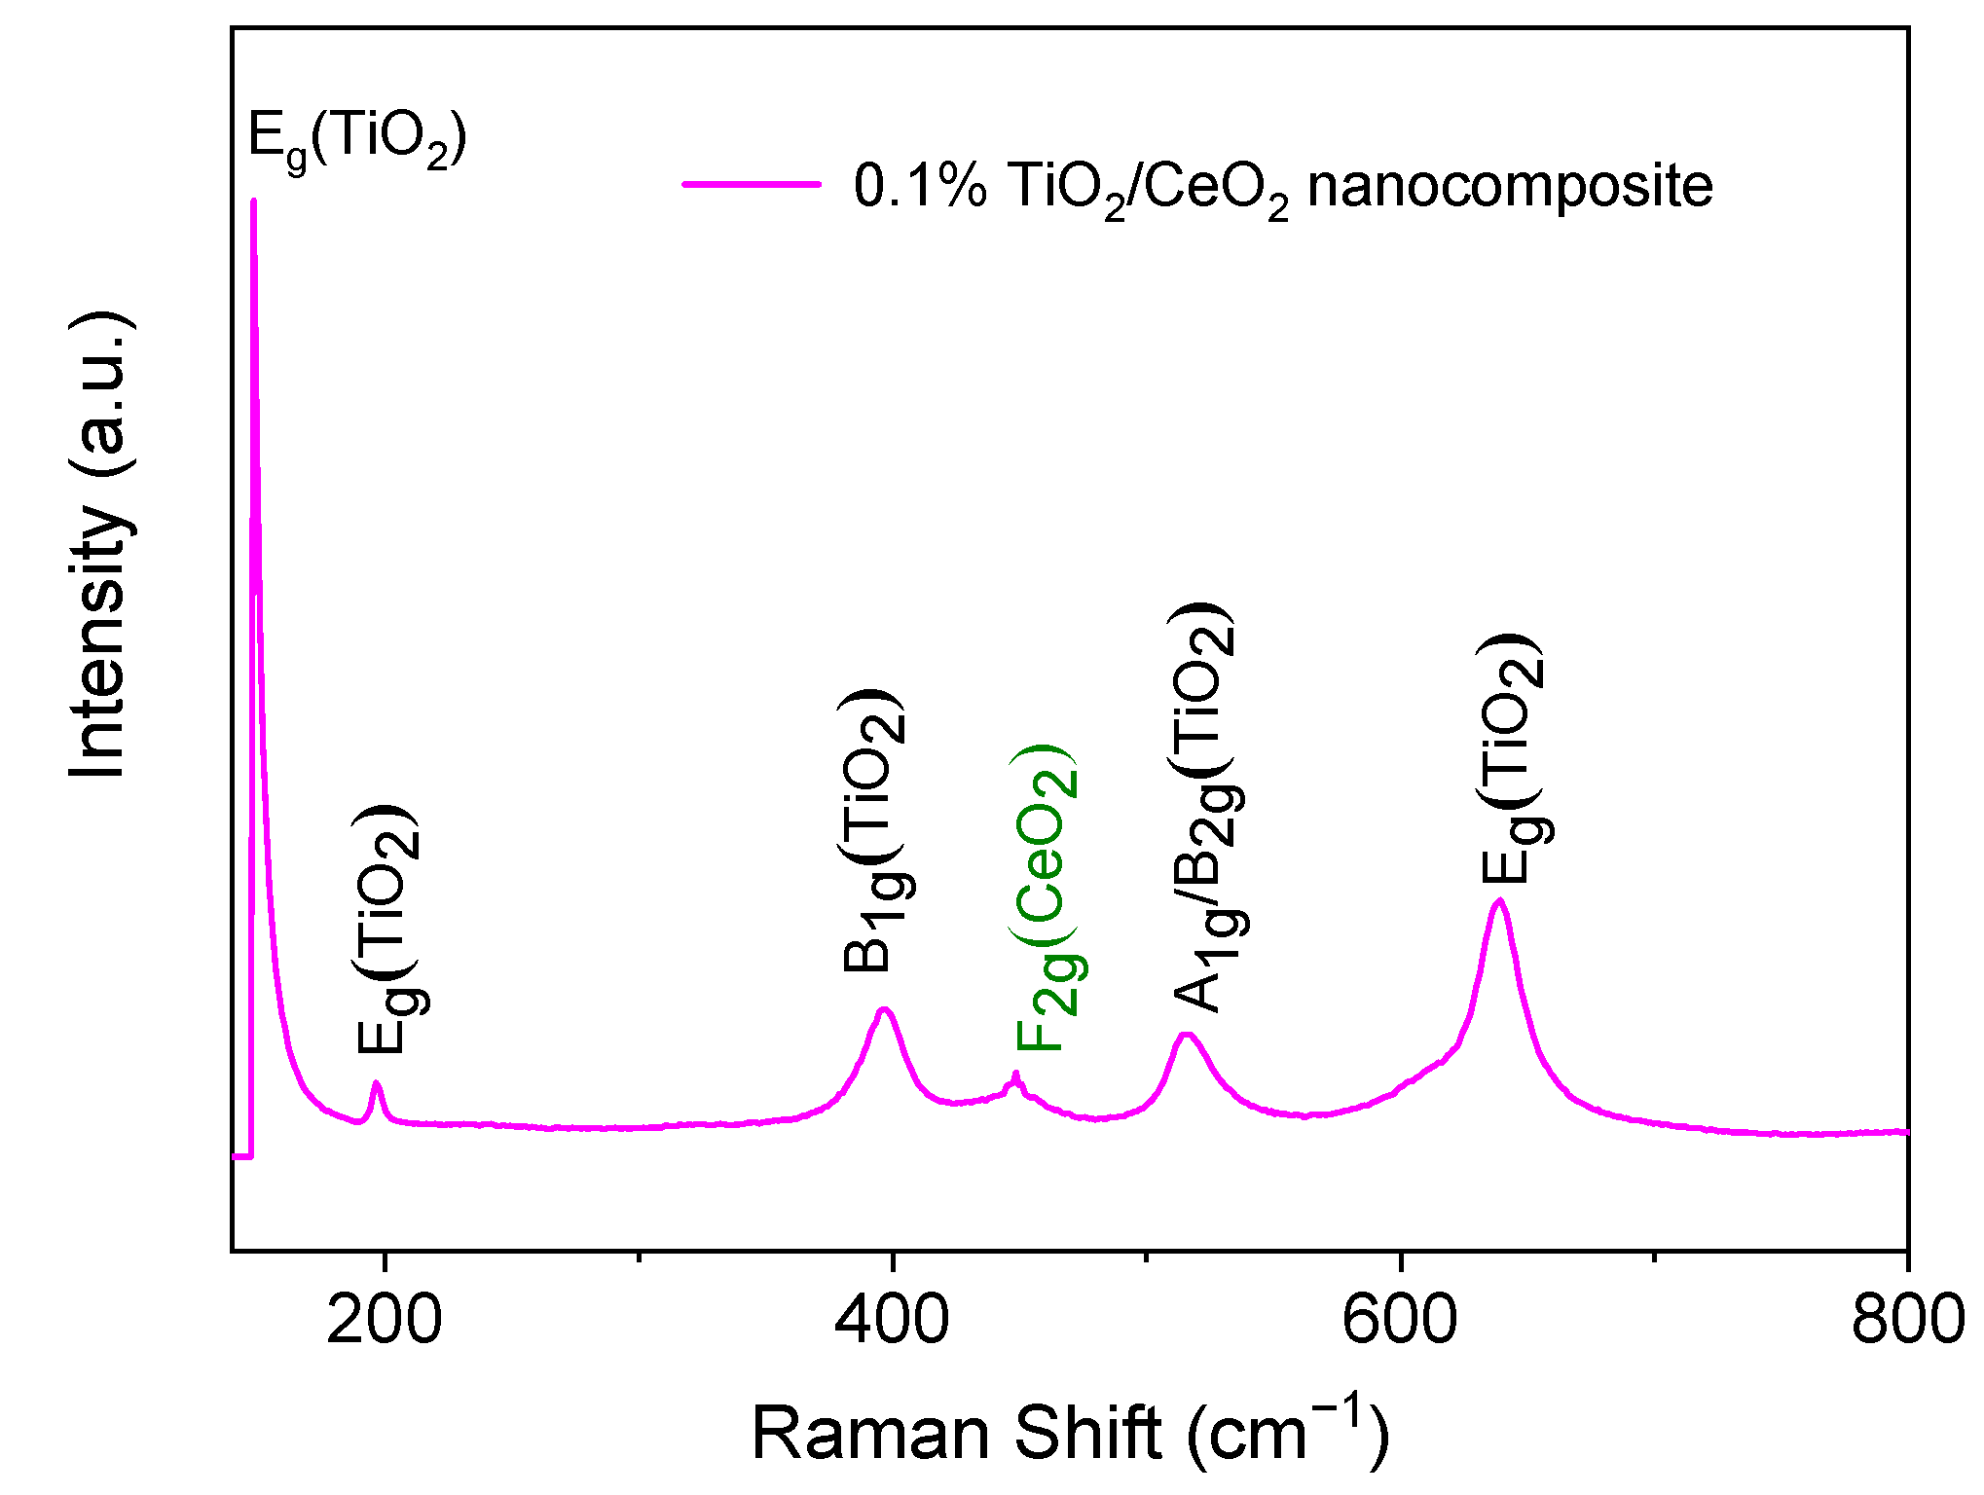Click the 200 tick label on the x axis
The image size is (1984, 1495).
coord(384,1322)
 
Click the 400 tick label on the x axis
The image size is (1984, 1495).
coord(892,1322)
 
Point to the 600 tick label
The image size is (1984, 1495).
coord(1399,1322)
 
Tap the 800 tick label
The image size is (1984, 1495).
coord(1906,1322)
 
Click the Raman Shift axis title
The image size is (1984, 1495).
coord(1070,1433)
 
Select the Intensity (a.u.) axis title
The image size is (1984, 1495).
coord(99,545)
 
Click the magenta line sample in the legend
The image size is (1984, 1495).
coord(751,183)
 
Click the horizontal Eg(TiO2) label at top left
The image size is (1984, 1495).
coord(357,138)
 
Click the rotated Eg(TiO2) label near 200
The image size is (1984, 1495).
coord(387,930)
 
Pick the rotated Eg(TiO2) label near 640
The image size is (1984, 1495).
coord(1511,759)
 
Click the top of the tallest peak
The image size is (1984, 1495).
coord(253,202)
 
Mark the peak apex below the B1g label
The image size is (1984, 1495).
coord(884,1009)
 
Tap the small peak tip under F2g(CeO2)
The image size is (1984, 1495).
coord(1015,1075)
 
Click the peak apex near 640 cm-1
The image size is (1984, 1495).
coord(1499,901)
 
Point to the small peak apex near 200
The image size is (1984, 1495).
coord(376,1083)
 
